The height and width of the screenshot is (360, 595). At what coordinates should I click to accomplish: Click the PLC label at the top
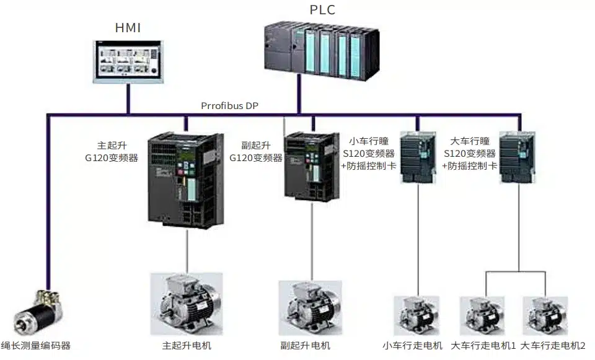[322, 10]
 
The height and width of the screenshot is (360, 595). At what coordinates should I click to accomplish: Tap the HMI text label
[128, 28]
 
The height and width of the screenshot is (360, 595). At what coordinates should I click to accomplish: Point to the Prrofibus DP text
[229, 105]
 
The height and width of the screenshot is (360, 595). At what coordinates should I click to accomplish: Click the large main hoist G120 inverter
[185, 179]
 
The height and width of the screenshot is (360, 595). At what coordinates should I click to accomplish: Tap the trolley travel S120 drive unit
[417, 157]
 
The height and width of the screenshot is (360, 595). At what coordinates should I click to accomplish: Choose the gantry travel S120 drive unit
[516, 157]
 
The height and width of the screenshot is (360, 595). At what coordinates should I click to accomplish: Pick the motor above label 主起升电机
[186, 304]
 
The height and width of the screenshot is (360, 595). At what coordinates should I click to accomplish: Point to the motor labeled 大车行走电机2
[545, 316]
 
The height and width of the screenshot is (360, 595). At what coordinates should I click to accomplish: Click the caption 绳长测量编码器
[37, 346]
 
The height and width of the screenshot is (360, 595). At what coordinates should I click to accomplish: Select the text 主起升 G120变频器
[112, 151]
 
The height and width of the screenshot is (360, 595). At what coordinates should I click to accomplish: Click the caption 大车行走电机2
[553, 346]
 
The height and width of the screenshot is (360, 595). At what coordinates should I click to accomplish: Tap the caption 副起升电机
[306, 346]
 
